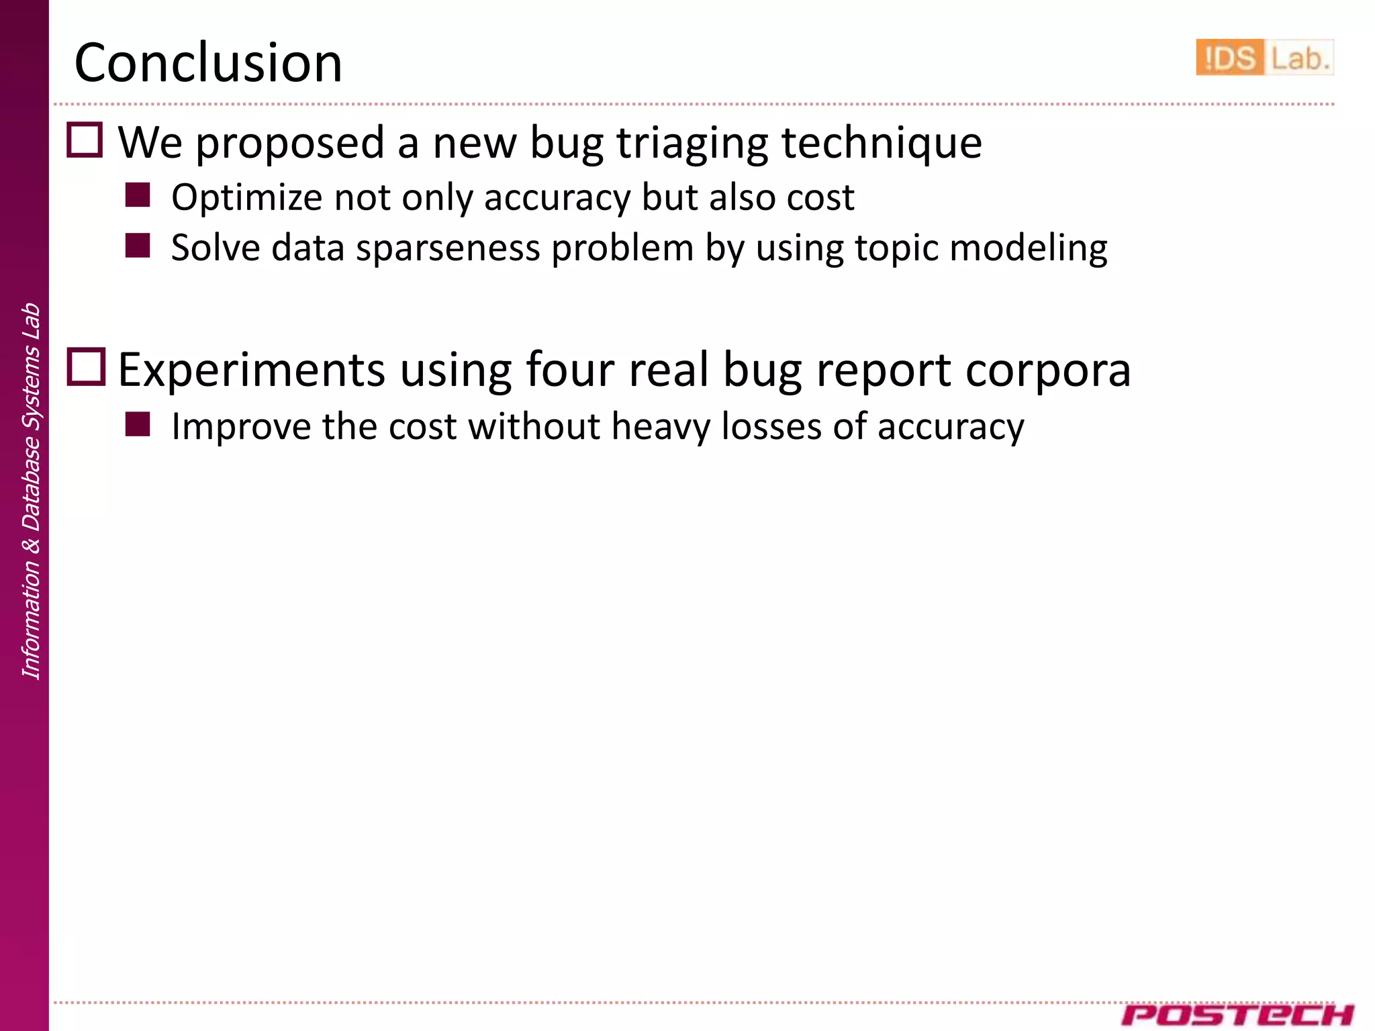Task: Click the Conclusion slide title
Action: click(208, 62)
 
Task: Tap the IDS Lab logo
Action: click(1264, 58)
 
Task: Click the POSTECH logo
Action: click(1237, 1014)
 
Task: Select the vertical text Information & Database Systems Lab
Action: click(31, 491)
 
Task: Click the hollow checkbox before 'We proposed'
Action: click(85, 140)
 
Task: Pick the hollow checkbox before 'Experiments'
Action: click(87, 366)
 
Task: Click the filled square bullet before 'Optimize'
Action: click(138, 195)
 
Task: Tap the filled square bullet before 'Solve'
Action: click(138, 246)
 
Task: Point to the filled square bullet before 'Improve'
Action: click(138, 424)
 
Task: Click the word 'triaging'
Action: click(692, 144)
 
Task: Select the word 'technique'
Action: click(882, 144)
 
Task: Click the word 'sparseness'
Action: click(448, 248)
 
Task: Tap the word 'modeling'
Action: click(1029, 248)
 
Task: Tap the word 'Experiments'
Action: click(252, 371)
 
